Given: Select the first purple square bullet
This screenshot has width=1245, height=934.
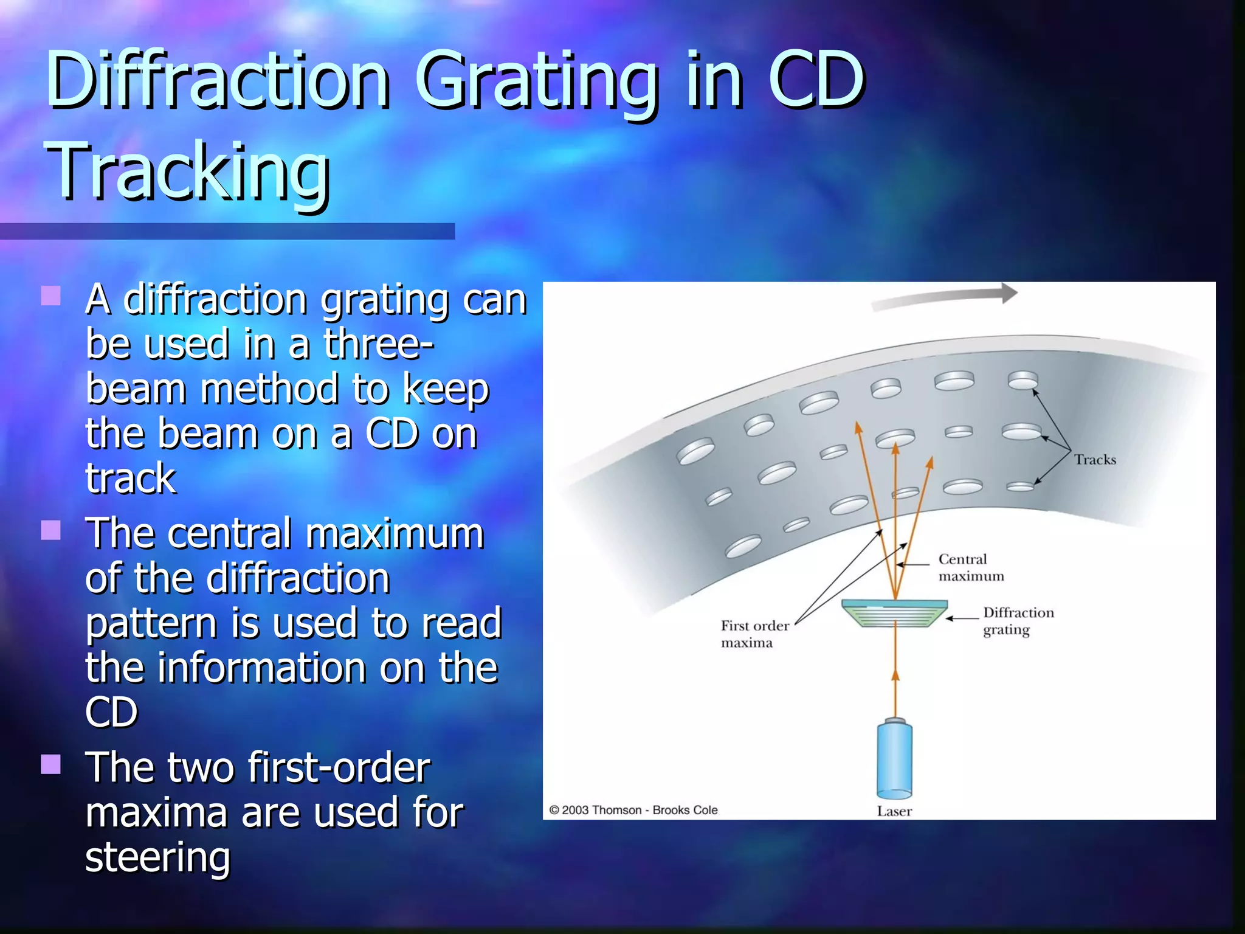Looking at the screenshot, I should coord(51,296).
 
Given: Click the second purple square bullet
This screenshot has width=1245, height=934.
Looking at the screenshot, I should coord(51,530).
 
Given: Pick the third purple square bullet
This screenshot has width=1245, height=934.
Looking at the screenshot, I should coord(51,764).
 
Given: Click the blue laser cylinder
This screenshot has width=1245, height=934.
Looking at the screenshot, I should coord(894,759).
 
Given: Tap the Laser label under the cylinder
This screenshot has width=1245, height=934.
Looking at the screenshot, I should coord(894,811).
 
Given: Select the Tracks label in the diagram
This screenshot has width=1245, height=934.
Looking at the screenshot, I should coord(1095,460).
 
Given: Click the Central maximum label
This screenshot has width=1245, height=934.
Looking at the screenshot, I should coord(970,567).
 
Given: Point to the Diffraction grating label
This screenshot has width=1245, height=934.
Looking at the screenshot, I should coord(1018,621).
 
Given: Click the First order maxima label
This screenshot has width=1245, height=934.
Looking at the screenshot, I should coord(754,634).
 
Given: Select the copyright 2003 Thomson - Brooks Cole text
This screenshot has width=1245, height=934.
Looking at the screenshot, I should coord(633,810).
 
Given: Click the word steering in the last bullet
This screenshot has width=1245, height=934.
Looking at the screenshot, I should coord(158,857).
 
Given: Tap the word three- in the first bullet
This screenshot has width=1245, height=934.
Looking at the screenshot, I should coord(379,344).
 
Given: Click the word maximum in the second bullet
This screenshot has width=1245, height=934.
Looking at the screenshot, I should coord(395,534).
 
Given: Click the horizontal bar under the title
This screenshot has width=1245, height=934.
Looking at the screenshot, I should coord(227,231).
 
